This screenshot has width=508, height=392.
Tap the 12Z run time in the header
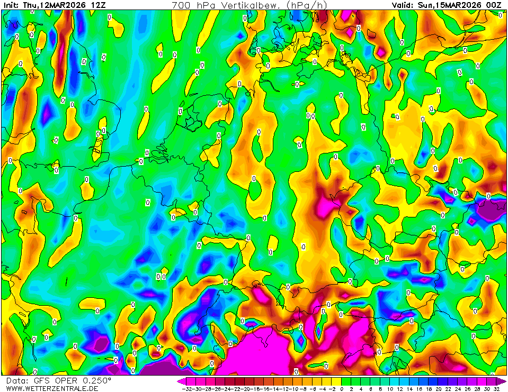click(98, 5)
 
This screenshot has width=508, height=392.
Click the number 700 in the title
click(181, 5)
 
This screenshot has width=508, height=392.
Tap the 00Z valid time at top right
click(494, 5)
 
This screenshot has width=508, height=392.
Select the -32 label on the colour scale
click(186, 389)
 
